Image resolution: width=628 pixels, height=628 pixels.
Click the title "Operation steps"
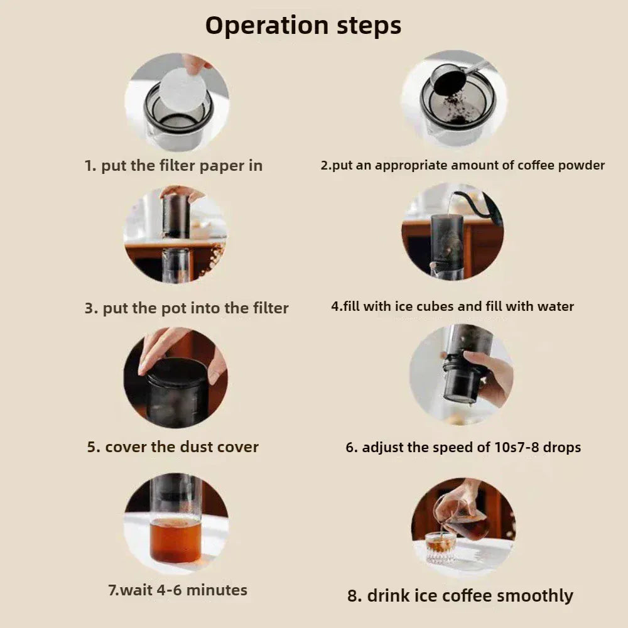click(x=303, y=26)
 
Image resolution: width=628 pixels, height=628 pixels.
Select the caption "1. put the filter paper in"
click(x=173, y=166)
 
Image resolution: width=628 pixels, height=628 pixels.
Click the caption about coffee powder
click(x=462, y=165)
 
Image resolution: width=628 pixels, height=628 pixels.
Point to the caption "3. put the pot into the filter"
click(x=187, y=308)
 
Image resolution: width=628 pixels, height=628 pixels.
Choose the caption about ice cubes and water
click(x=452, y=307)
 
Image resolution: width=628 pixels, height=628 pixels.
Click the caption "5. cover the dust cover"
click(x=173, y=447)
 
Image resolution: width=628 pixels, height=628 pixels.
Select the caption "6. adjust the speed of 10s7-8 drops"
click(x=463, y=448)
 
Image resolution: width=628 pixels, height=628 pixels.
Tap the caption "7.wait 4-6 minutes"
click(x=178, y=590)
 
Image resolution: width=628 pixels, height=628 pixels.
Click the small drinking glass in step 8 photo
click(x=440, y=546)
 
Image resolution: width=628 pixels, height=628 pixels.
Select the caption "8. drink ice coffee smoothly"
click(x=460, y=595)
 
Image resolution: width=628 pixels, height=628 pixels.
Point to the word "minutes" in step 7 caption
click(x=217, y=590)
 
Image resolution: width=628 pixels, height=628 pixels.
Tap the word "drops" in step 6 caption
click(x=558, y=448)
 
